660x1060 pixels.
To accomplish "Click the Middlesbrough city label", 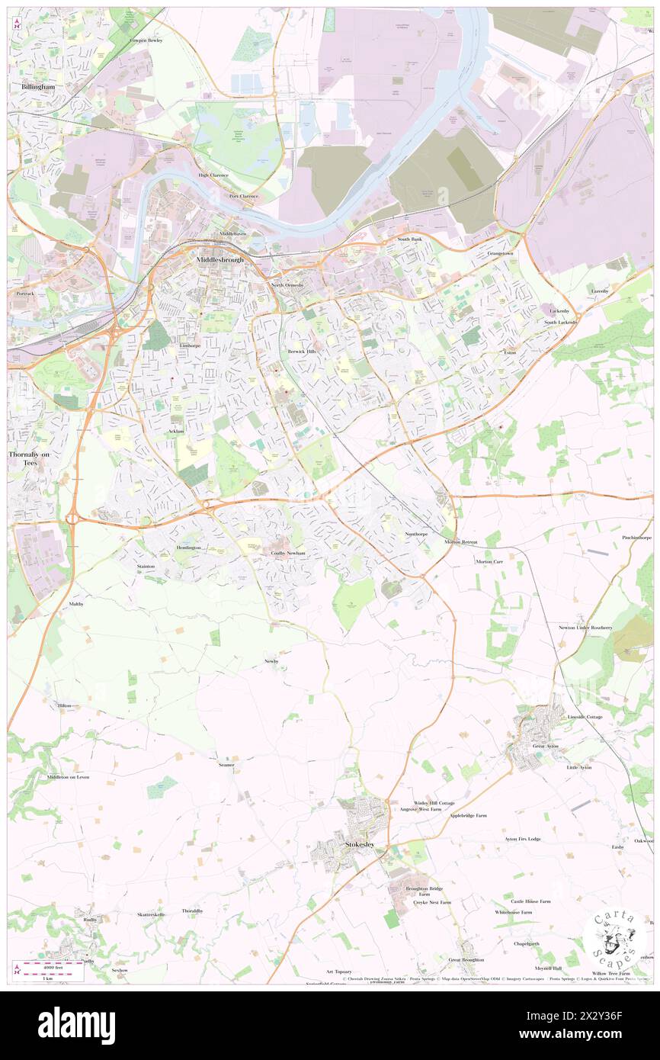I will click(220, 260).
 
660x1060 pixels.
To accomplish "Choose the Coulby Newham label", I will click(288, 553).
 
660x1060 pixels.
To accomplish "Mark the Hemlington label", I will click(188, 548).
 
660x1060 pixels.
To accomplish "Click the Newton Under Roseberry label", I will click(585, 627).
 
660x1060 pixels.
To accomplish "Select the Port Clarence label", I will click(244, 196).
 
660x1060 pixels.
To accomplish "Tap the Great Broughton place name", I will click(466, 959).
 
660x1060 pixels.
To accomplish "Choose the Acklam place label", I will click(176, 431).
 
